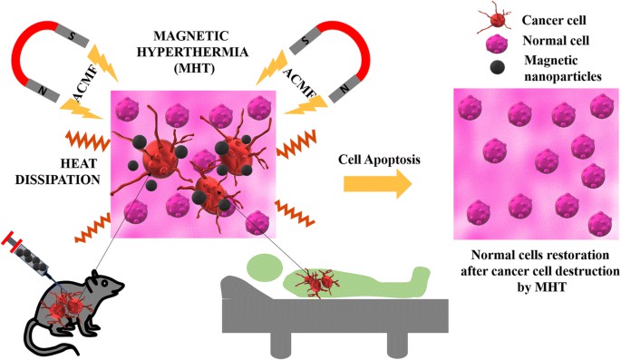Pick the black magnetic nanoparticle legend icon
click(476, 69)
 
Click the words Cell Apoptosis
click(374, 156)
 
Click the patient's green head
click(264, 268)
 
